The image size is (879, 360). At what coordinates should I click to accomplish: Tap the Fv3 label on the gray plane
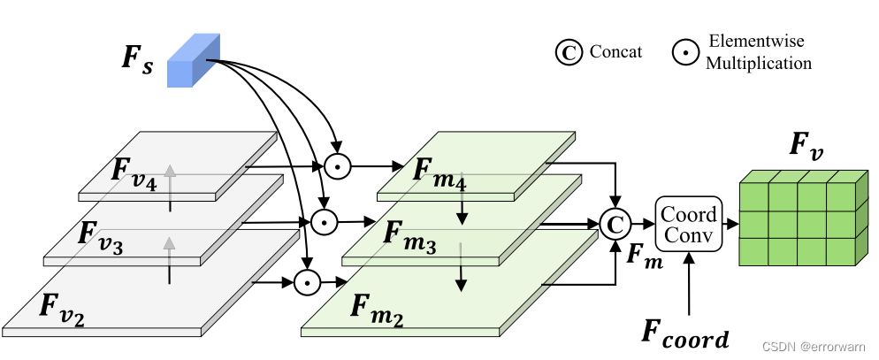coord(98,235)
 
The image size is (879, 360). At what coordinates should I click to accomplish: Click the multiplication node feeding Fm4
coord(336,165)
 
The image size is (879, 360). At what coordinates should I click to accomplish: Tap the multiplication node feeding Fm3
coord(325,221)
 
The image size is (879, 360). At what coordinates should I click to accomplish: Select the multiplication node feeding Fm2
coord(306,282)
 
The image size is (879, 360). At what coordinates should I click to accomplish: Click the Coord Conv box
coord(689,224)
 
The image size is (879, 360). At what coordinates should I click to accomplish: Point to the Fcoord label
coord(685,336)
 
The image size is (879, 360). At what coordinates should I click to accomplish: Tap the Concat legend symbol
coord(568,53)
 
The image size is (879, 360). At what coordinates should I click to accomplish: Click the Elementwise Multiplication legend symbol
coord(684,53)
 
